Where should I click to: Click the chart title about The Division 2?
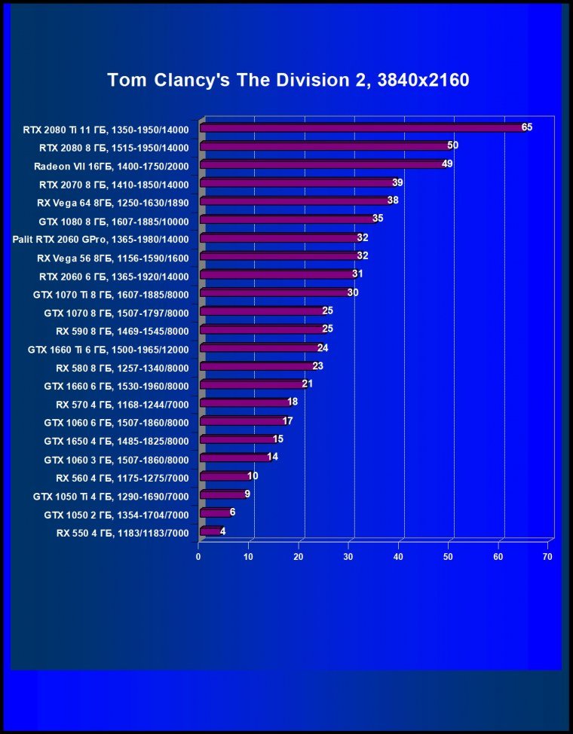click(288, 80)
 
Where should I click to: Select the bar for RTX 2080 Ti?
click(363, 128)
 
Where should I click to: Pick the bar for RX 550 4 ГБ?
click(210, 532)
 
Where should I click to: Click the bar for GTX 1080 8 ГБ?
click(288, 219)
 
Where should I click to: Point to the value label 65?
click(526, 127)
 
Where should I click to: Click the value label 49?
click(447, 164)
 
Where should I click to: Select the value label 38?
click(393, 200)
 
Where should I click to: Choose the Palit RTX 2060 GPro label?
click(101, 239)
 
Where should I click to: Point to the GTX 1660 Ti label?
click(109, 350)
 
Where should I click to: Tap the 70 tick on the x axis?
click(547, 557)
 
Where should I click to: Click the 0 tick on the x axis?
click(198, 557)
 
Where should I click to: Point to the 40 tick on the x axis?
click(398, 557)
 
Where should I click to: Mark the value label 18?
click(293, 402)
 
